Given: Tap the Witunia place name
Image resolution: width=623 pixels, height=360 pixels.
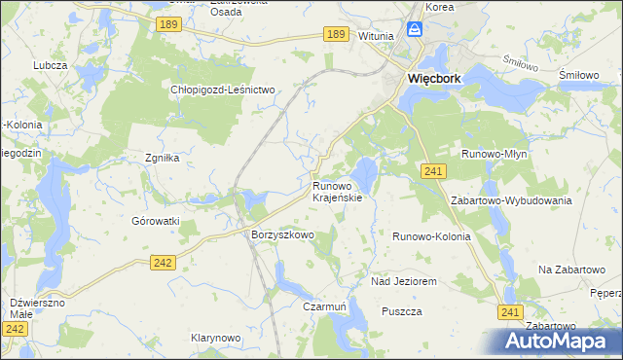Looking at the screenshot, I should (x=375, y=36).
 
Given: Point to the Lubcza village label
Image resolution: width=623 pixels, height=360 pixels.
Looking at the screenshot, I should (x=49, y=65).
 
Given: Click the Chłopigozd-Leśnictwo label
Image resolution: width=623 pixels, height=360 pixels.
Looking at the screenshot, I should (x=224, y=90).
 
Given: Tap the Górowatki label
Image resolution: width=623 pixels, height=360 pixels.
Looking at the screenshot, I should (x=156, y=221).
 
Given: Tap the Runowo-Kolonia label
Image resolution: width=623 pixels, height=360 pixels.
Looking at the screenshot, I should (x=431, y=236).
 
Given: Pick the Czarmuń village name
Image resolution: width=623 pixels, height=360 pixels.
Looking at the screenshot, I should (x=324, y=306).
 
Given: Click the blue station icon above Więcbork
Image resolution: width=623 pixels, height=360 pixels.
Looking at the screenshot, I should (x=415, y=30).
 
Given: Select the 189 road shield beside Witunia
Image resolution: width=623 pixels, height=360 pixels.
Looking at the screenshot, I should (x=336, y=34).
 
